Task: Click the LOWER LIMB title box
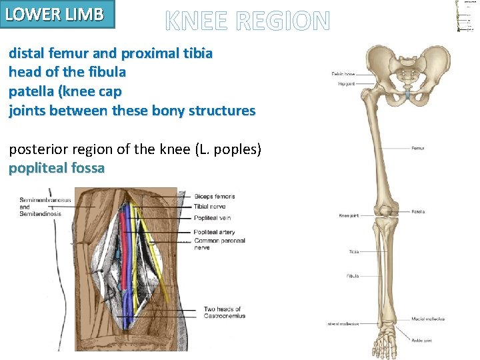(x=58, y=14)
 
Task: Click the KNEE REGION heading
(x=247, y=23)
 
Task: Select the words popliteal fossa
(x=57, y=168)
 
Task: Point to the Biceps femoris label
(x=215, y=197)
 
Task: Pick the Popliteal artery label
(x=215, y=232)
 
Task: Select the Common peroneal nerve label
(x=219, y=243)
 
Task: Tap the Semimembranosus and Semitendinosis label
(x=42, y=207)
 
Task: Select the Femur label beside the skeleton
(x=418, y=148)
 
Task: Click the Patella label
(x=419, y=212)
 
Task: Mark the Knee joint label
(x=349, y=216)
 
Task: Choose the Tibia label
(x=354, y=251)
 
